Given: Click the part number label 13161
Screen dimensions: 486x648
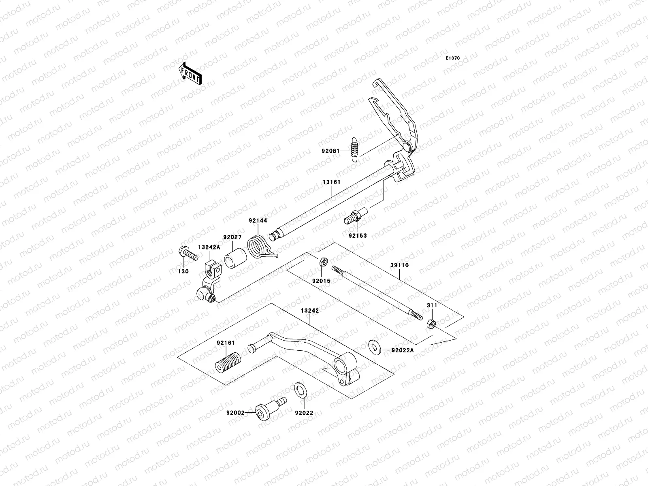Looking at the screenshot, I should (x=331, y=182).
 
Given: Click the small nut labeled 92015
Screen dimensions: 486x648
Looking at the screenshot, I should (x=324, y=262).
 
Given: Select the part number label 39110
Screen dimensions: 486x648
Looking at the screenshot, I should (x=399, y=265).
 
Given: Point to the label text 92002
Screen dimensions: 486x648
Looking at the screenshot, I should (x=235, y=413).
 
